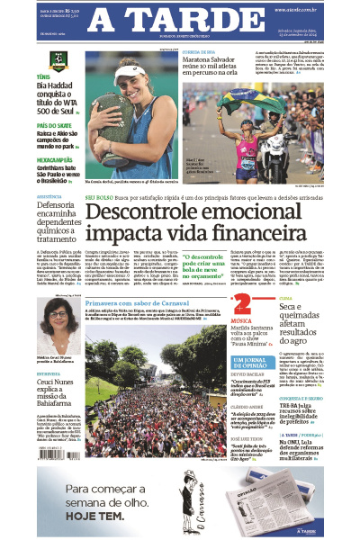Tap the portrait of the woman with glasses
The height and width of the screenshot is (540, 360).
click(58, 319)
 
